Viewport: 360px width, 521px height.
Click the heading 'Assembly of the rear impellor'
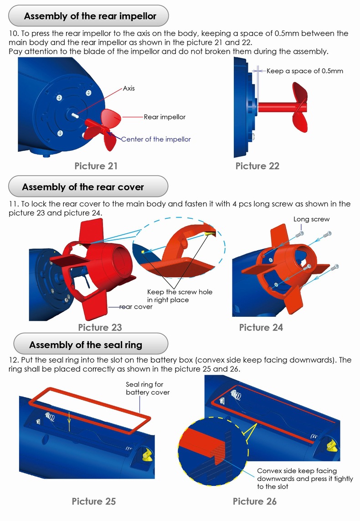click(x=90, y=16)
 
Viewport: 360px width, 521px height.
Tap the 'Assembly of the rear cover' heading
click(x=83, y=187)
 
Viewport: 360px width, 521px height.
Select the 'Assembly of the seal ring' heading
click(x=86, y=345)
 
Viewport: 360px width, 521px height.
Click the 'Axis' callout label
click(x=129, y=88)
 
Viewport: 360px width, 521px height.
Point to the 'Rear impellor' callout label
click(x=165, y=117)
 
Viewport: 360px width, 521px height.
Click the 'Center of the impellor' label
click(x=156, y=139)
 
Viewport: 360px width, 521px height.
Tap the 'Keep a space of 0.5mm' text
click(x=304, y=71)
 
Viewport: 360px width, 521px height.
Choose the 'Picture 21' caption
click(x=96, y=166)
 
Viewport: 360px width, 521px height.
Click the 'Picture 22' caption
click(x=257, y=166)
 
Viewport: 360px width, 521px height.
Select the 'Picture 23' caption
click(x=100, y=327)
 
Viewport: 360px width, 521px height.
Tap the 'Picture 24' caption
click(x=261, y=327)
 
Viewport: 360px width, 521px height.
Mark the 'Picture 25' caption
click(x=94, y=501)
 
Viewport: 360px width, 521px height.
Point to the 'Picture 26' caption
click(x=255, y=501)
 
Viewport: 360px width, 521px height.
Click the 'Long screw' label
click(x=311, y=219)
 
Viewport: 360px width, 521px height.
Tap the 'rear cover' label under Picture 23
click(x=136, y=307)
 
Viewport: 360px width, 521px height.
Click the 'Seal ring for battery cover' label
click(x=147, y=388)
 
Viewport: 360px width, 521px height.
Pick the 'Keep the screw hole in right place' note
click(x=180, y=296)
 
